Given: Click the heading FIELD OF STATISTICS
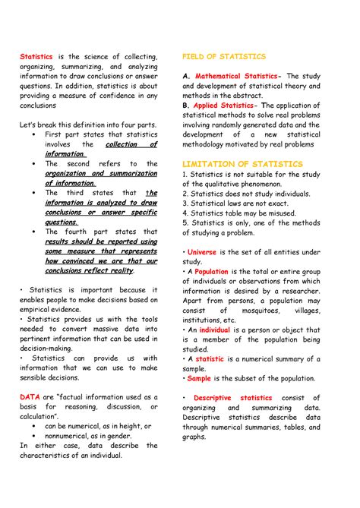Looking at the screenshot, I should coord(223,57).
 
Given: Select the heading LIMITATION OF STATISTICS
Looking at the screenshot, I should coord(242,164).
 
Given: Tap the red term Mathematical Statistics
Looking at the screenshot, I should coord(237,77).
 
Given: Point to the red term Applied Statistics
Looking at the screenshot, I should coord(225,106).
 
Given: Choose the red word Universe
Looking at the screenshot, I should coord(201,252).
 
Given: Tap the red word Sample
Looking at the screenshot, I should coord(199,377).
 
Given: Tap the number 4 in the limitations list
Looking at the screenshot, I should coord(185,213).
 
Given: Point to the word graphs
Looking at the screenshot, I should coord(194,436).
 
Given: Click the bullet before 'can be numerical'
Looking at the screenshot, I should coord(35,426).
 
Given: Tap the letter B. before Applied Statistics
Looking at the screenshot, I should coord(186,106).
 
